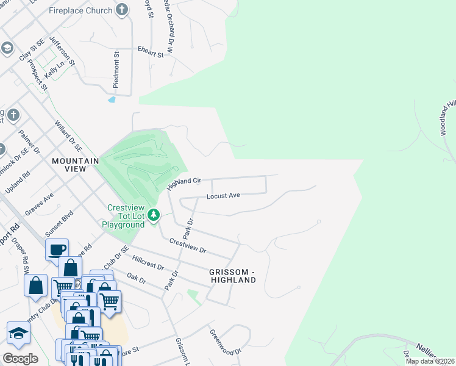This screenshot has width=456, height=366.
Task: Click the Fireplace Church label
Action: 80,10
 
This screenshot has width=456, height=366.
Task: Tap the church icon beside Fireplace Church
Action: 123,10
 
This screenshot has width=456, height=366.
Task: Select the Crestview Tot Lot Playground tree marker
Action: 155,214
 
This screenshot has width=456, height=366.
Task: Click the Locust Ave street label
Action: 223,196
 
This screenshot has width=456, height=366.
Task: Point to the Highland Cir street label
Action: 184,182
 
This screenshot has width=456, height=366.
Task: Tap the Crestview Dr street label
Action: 188,247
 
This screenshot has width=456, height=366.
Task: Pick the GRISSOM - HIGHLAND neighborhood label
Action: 232,275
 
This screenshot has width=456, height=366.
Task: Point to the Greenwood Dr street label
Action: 226,343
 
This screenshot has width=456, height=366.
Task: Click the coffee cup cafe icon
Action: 57,249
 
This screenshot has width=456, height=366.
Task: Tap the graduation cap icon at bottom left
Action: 18,333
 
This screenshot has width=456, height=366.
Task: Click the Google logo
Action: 20,359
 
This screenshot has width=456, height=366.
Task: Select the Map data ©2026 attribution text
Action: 430,361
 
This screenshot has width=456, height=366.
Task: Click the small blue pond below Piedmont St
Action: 111,99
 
